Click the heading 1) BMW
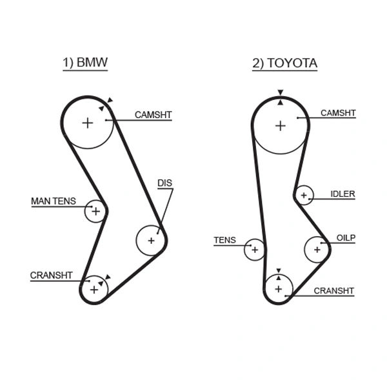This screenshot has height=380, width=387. pos(84,63)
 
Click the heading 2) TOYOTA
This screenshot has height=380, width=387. pos(284,63)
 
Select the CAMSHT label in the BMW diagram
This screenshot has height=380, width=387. pos(153,115)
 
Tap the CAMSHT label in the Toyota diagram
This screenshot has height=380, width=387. pos(338,113)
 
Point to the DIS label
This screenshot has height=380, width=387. pos(165,183)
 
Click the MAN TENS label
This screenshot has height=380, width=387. pos(54,201)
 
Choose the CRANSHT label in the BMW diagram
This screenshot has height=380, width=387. pos(52,275)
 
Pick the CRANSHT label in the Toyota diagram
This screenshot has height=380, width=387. pos(333,290)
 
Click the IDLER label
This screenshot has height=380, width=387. pos(342,194)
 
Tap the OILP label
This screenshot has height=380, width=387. pos(346,238)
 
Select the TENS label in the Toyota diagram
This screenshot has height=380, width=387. pos(224,241)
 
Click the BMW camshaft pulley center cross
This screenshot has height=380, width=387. pos(87,123)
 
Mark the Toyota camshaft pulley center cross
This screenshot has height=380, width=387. pos(280,125)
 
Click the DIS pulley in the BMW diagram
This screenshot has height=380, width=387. pos(151,241)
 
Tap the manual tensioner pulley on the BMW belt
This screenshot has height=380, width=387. pos(95,211)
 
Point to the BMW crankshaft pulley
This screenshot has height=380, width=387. pos(94,289)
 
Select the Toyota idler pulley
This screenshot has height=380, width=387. pos(303,195)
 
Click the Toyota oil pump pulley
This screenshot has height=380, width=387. pos(317,249)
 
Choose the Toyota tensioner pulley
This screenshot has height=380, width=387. pos(254,250)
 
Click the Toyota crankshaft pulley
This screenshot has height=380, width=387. pos(279,288)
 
